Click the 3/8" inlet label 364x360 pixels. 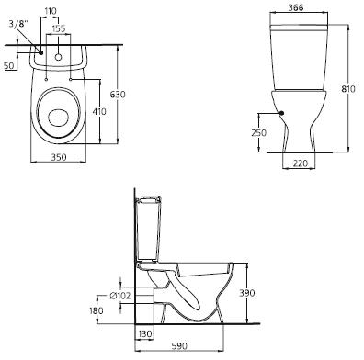[x=17, y=25]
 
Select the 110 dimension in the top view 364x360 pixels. [x=51, y=11]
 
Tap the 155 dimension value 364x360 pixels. [x=59, y=28]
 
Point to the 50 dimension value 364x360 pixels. [x=9, y=65]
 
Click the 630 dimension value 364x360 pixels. [x=118, y=95]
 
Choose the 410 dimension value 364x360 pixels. [x=99, y=111]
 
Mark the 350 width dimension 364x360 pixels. [x=59, y=157]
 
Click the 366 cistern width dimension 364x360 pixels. [x=296, y=8]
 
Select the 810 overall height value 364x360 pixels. [x=348, y=89]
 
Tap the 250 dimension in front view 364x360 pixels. [x=259, y=133]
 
